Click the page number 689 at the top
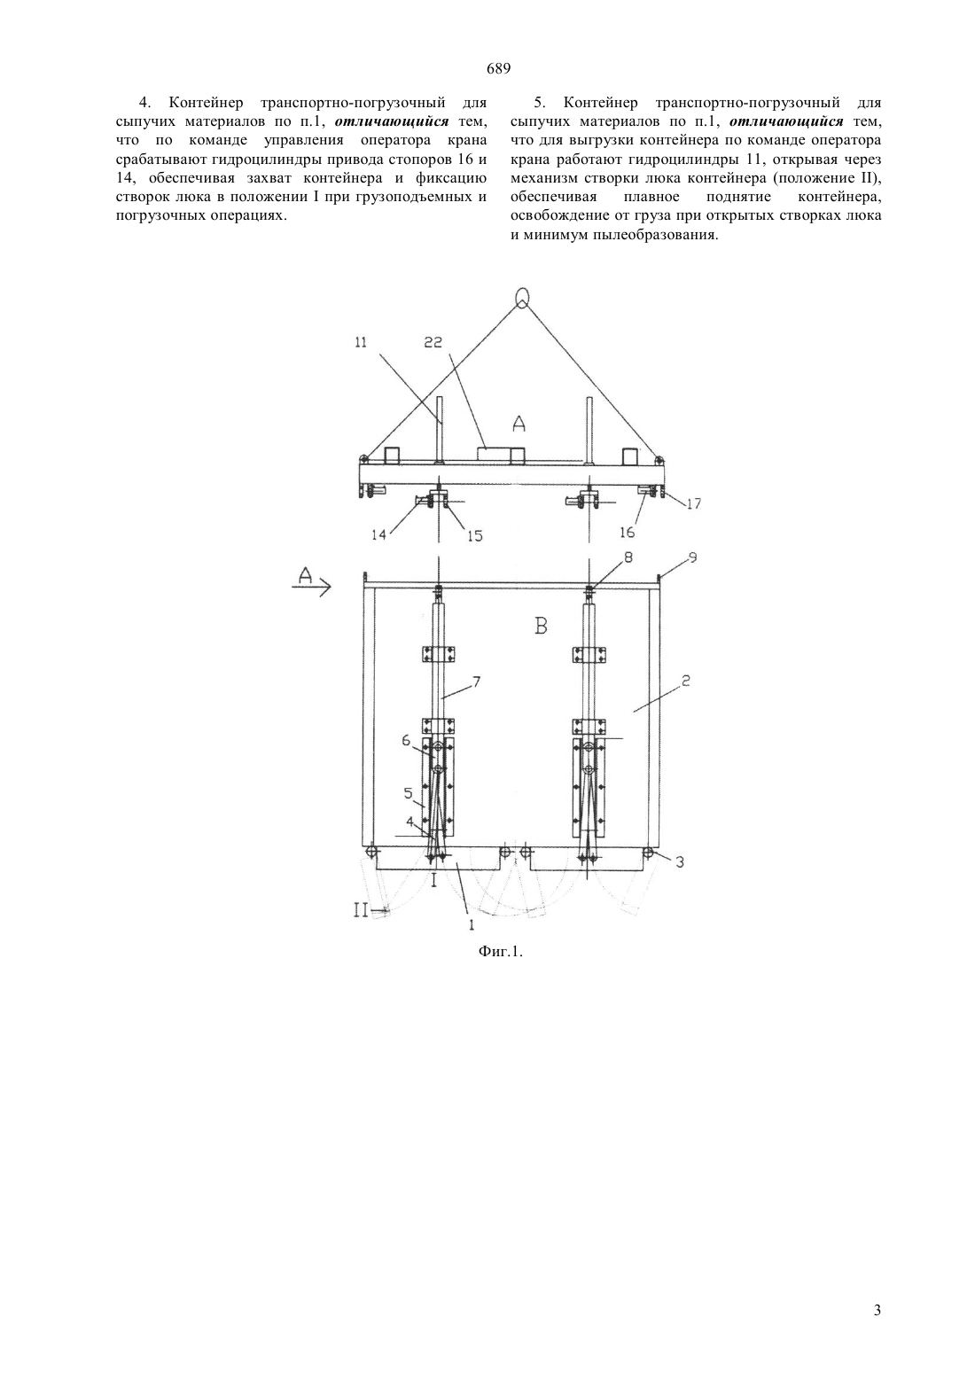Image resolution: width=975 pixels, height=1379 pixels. point(498,69)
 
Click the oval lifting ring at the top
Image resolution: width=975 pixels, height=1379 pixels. point(522,298)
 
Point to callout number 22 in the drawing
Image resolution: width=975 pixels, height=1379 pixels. point(434,343)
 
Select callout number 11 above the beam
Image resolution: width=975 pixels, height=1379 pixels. point(361,343)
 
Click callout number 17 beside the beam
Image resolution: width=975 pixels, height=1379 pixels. point(694,503)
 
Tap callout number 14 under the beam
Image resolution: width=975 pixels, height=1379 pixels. point(379,534)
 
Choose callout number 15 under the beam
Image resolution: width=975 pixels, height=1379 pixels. point(474,536)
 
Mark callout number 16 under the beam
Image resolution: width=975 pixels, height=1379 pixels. point(627,533)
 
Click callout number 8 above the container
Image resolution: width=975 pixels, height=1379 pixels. point(628,557)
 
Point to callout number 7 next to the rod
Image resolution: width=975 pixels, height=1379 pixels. point(477,682)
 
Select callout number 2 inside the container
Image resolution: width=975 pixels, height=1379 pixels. point(686,681)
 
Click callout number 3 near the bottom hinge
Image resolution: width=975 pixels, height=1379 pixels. point(680,862)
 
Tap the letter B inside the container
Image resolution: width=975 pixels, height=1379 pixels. point(541,627)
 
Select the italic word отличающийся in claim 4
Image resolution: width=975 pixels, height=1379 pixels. point(392,120)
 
